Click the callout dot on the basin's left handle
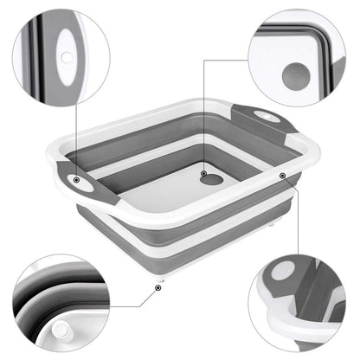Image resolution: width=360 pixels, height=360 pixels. pos(76,182)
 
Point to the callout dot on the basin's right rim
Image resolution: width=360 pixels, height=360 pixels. pos(282,176)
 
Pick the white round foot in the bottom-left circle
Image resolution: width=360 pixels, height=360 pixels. pos(62,332)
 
